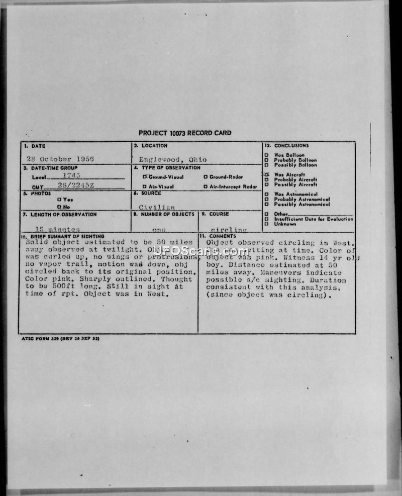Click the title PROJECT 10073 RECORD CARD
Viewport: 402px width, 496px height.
pyautogui.click(x=185, y=133)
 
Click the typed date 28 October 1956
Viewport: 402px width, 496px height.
pyautogui.click(x=60, y=159)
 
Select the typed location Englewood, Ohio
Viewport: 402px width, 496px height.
pyautogui.click(x=172, y=160)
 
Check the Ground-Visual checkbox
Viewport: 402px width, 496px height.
pyautogui.click(x=144, y=177)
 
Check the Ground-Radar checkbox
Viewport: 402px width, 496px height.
pyautogui.click(x=206, y=177)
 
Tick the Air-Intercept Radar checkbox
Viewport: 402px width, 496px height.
pyautogui.click(x=206, y=186)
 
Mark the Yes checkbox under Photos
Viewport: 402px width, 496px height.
pyautogui.click(x=59, y=200)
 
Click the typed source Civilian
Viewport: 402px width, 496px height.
pyautogui.click(x=157, y=207)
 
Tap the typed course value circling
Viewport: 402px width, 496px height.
pyautogui.click(x=229, y=230)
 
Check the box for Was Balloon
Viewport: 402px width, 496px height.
pyautogui.click(x=266, y=155)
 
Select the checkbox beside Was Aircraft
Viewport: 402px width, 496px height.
pyautogui.click(x=266, y=175)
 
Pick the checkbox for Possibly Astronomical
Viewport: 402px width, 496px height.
pyautogui.click(x=266, y=205)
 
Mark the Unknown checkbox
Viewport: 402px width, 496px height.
pyautogui.click(x=266, y=224)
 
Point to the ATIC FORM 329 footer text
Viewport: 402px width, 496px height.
pyautogui.click(x=60, y=339)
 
